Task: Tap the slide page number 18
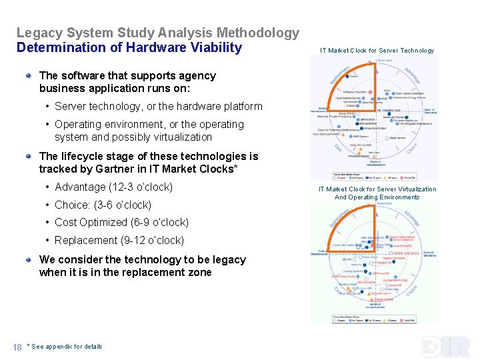click(17, 347)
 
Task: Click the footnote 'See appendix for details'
click(67, 347)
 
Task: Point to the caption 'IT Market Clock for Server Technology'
click(377, 51)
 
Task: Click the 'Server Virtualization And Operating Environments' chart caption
click(377, 193)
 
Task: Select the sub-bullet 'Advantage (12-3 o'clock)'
click(113, 187)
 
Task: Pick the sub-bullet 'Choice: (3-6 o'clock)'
click(103, 205)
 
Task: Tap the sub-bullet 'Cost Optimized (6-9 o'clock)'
click(121, 223)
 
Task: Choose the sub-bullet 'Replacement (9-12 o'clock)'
click(119, 241)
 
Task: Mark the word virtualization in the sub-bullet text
click(179, 137)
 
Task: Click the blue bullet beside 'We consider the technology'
click(29, 259)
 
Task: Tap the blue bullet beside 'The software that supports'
click(29, 75)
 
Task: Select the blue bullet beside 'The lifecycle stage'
click(29, 156)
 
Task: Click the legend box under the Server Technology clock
click(374, 177)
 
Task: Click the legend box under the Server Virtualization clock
click(374, 318)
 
